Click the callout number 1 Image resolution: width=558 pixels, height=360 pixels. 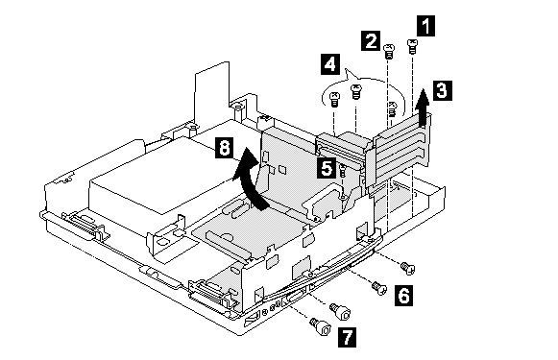pyautogui.click(x=425, y=26)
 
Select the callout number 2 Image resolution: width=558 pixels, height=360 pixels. pyautogui.click(x=371, y=40)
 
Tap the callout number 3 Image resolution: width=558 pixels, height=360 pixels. pyautogui.click(x=443, y=90)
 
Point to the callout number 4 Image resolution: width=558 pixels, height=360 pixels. pyautogui.click(x=329, y=64)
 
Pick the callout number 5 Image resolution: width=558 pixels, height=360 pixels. pyautogui.click(x=327, y=167)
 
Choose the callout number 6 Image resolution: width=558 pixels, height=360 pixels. pyautogui.click(x=403, y=296)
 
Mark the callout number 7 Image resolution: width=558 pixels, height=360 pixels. pyautogui.click(x=347, y=337)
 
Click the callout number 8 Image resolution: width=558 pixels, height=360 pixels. pyautogui.click(x=224, y=148)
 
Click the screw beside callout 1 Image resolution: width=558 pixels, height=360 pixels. pyautogui.click(x=412, y=46)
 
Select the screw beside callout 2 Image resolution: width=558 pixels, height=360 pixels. pyautogui.click(x=389, y=51)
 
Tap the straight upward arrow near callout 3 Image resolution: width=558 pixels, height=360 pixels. pyautogui.click(x=424, y=108)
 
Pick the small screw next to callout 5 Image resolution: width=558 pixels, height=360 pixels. pyautogui.click(x=343, y=171)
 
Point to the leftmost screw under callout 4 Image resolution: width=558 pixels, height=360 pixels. pyautogui.click(x=334, y=99)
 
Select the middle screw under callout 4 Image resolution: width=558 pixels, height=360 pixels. pyautogui.click(x=356, y=91)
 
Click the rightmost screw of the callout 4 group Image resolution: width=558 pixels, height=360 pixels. pyautogui.click(x=392, y=108)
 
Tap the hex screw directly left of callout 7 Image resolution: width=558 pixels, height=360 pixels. pyautogui.click(x=320, y=326)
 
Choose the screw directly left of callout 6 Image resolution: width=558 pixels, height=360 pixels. pyautogui.click(x=378, y=287)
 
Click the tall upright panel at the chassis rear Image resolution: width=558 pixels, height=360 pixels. pyautogui.click(x=211, y=92)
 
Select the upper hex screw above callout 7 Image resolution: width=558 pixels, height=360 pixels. pyautogui.click(x=341, y=311)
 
